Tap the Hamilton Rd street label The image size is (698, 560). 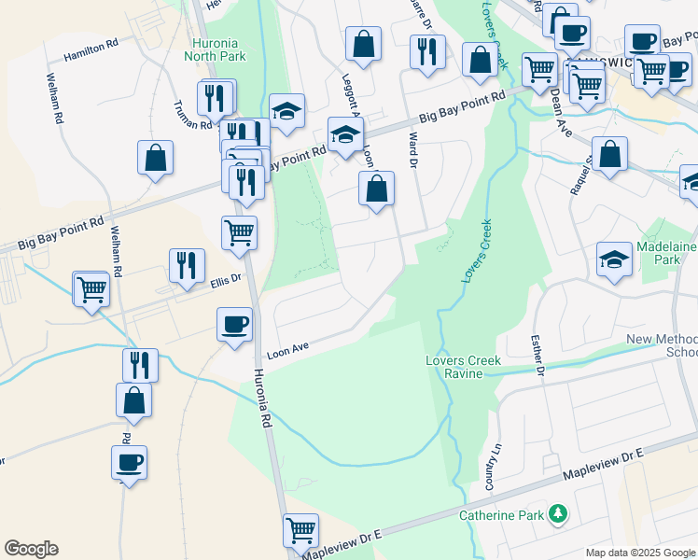(91, 50)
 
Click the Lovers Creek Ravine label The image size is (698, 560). (464, 367)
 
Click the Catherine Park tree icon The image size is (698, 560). (558, 513)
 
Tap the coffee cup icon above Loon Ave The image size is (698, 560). (233, 326)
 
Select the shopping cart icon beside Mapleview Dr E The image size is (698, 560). (300, 531)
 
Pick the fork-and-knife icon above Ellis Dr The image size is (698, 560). (186, 266)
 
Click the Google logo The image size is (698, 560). (31, 549)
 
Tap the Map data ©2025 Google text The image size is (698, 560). (640, 553)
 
